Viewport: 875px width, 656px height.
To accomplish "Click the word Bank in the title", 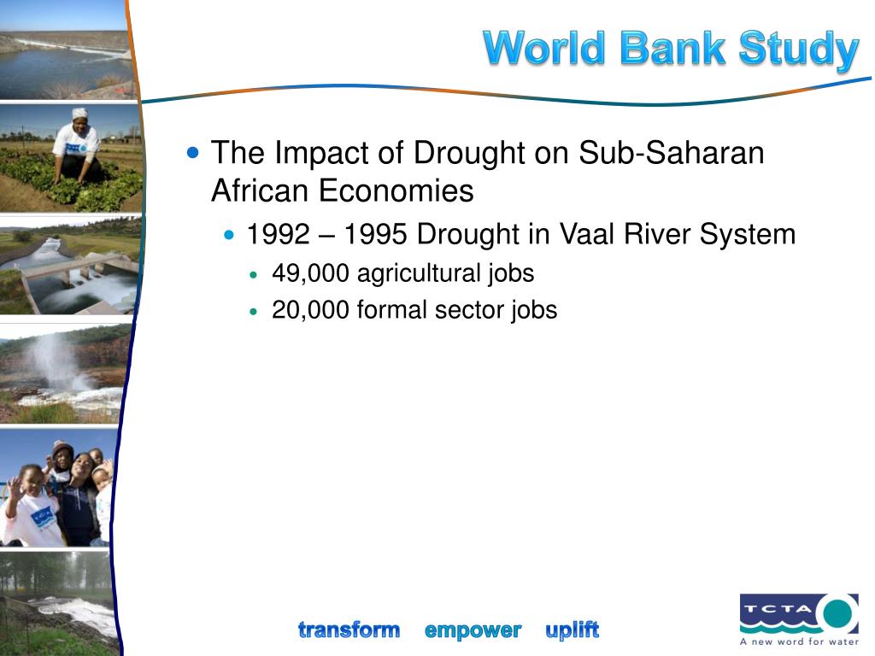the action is coord(672,48).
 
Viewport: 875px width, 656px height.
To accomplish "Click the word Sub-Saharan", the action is coord(672,152).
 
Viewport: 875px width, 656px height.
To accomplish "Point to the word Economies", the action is coord(396,190).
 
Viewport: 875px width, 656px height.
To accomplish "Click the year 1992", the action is coord(278,234).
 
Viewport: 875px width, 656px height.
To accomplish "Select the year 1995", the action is coord(375,234).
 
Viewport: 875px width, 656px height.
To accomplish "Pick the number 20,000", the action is coord(310,310).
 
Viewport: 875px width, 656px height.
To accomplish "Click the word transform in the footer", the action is coord(349,630).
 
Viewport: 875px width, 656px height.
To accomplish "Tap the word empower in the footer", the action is coord(473,631).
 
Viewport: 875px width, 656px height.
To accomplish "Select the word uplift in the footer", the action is coord(572,630).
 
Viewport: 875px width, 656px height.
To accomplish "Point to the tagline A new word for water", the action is coord(799,641).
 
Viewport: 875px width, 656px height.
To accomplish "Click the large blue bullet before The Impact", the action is coord(193,152).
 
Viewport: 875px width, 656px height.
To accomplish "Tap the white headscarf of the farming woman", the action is coord(79,114).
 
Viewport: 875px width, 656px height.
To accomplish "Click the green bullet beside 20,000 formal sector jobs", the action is coord(254,312).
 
